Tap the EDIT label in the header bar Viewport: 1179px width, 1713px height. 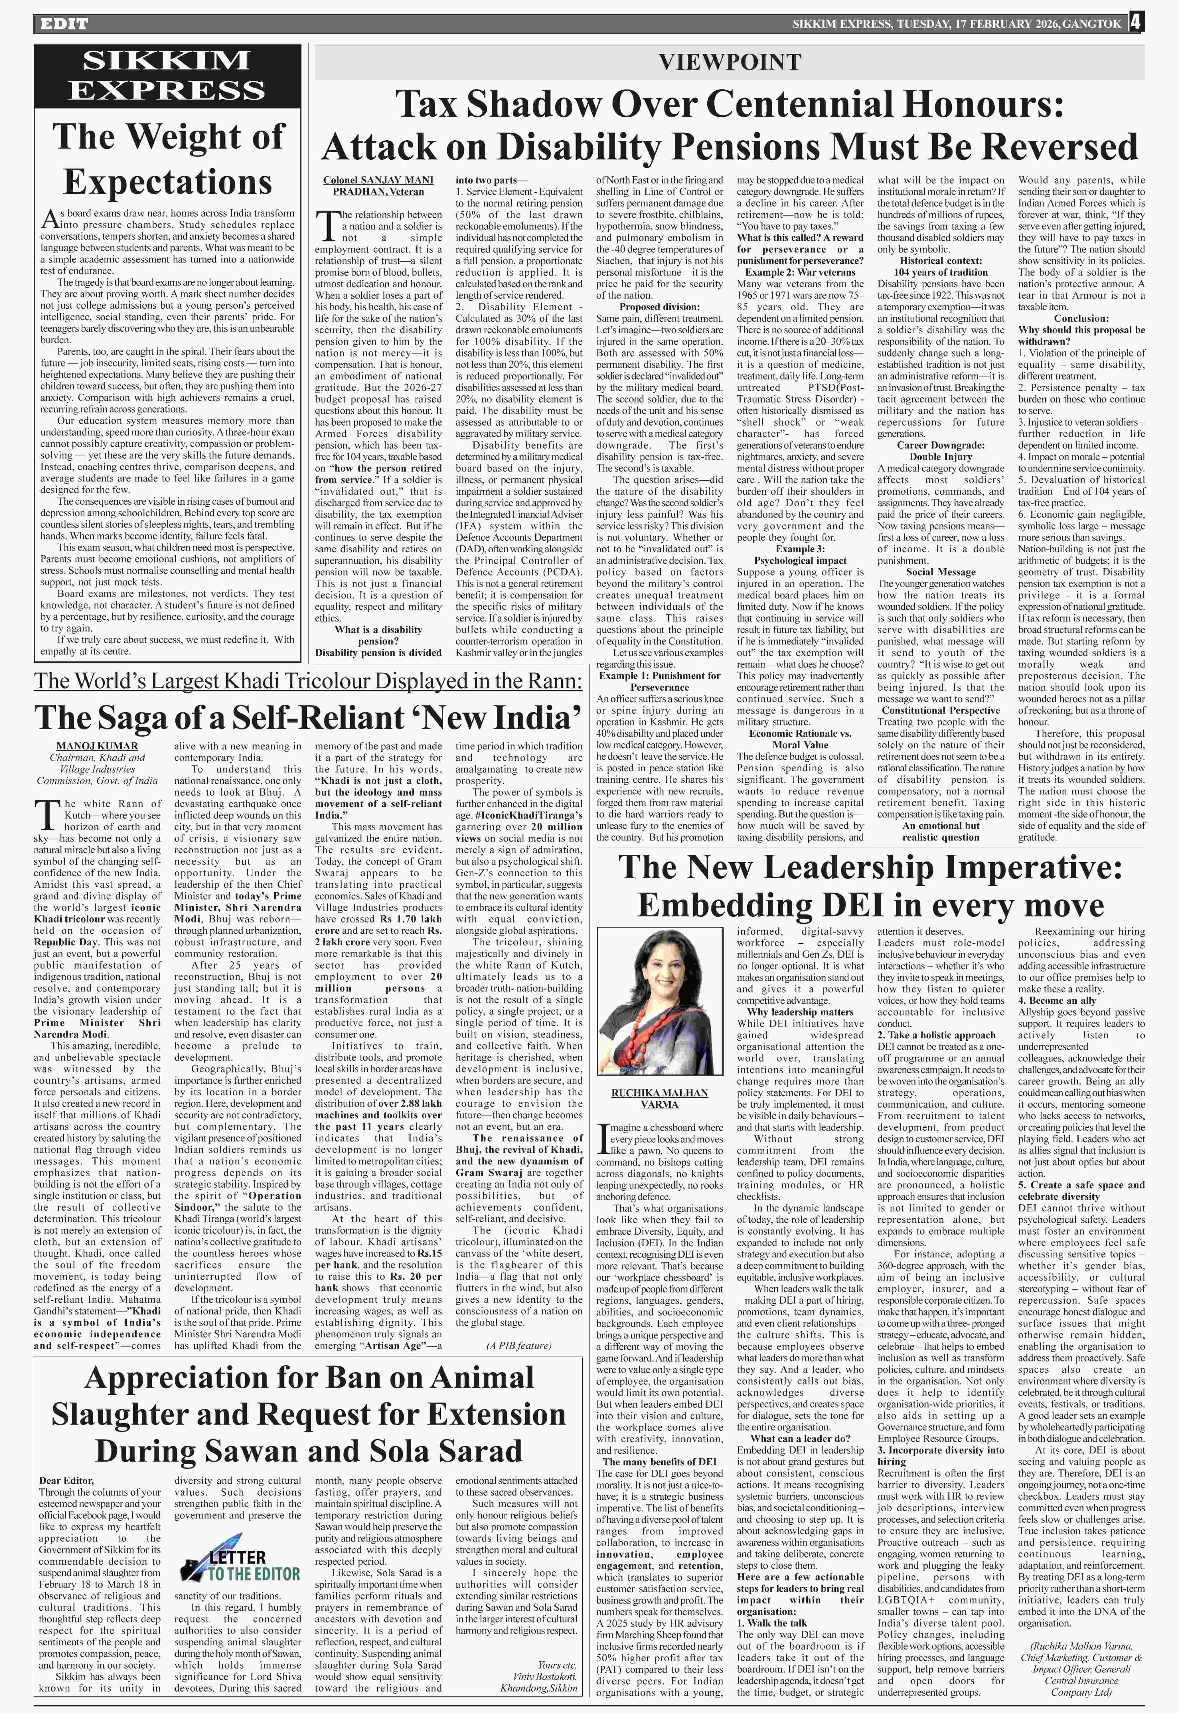(x=64, y=24)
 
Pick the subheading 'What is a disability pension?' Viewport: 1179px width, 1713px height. (x=378, y=635)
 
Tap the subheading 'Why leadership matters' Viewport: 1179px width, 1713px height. (x=800, y=1012)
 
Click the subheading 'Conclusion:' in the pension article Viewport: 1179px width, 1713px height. (x=1081, y=318)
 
